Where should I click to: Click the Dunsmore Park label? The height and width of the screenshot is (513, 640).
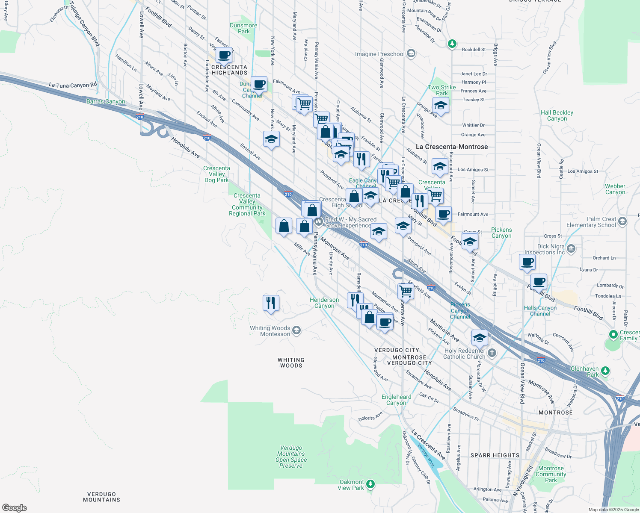243,28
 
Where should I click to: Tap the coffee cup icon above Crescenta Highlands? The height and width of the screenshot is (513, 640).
224,55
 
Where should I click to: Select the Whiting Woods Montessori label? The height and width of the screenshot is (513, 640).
270,331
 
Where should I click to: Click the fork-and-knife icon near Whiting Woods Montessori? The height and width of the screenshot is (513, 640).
271,303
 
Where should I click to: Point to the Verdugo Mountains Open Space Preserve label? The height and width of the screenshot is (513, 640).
291,457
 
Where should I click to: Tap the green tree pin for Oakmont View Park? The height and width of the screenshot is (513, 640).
370,484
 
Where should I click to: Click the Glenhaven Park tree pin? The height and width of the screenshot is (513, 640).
605,371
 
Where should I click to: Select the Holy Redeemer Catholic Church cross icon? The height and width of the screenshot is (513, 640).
492,353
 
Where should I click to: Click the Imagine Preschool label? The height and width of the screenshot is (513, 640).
379,54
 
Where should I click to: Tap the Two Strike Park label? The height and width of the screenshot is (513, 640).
441,90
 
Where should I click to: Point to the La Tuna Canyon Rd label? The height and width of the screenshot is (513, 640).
73,85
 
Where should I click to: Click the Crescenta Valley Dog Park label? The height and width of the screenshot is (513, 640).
216,174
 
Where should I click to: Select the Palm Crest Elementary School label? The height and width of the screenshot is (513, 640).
591,222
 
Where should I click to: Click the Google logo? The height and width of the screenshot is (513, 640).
14,508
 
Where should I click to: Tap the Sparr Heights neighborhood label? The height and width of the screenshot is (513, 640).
495,455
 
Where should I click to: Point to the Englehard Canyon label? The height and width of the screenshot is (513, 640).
396,400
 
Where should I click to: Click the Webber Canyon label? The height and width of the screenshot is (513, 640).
615,189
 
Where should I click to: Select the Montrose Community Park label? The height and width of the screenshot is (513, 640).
551,474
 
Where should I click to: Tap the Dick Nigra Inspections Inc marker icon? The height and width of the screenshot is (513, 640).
571,248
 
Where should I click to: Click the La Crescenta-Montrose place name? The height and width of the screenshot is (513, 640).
451,147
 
